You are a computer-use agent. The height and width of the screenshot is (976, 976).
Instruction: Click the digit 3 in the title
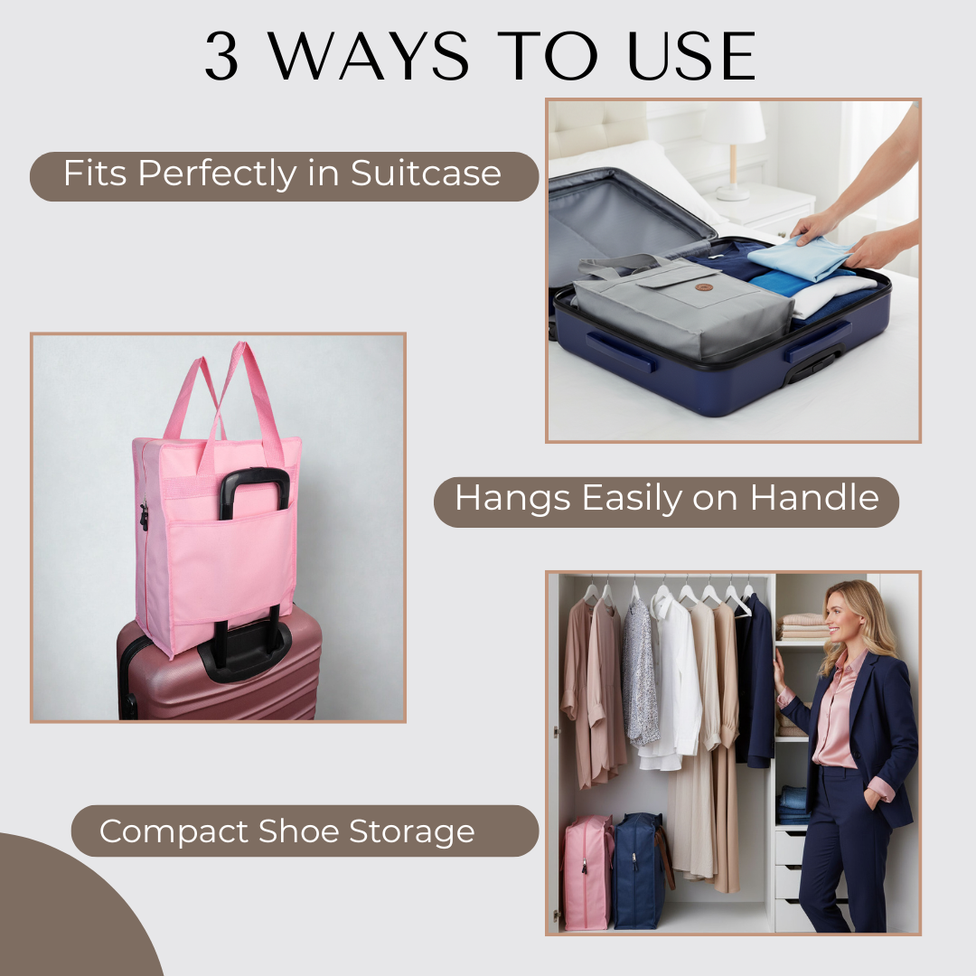point(222,57)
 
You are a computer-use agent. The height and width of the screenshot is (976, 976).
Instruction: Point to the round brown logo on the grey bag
point(705,286)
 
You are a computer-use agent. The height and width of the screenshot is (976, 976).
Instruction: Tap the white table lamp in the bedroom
point(734,145)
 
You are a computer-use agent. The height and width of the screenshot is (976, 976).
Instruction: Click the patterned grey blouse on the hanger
point(640,673)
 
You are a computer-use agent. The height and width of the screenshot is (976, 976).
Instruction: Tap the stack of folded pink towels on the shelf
point(804,625)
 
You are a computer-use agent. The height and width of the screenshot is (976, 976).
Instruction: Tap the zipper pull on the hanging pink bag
point(144,517)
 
